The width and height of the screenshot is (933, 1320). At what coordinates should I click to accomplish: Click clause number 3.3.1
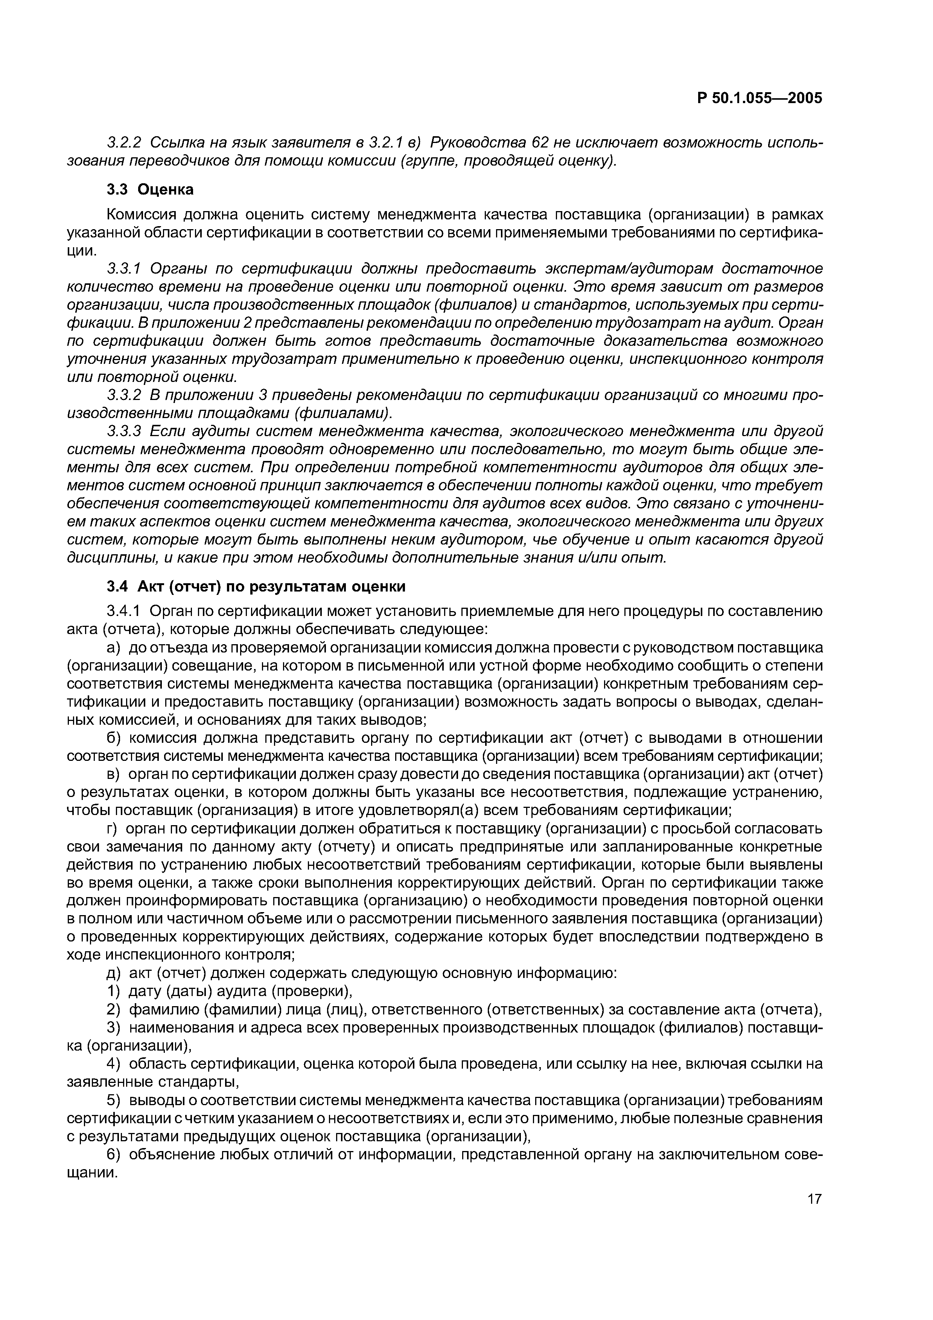(123, 269)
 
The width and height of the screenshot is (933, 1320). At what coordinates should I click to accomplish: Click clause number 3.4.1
(123, 611)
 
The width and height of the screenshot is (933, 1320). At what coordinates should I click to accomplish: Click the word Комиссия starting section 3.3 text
(141, 214)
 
